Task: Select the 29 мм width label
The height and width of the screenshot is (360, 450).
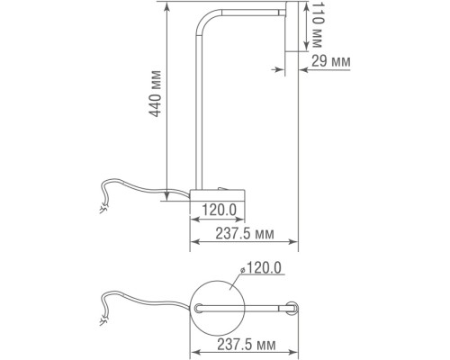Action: (328, 61)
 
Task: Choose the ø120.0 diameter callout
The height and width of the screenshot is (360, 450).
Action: (260, 267)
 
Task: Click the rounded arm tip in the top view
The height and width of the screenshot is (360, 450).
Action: (292, 308)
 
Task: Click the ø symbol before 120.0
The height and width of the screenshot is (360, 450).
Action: (243, 267)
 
